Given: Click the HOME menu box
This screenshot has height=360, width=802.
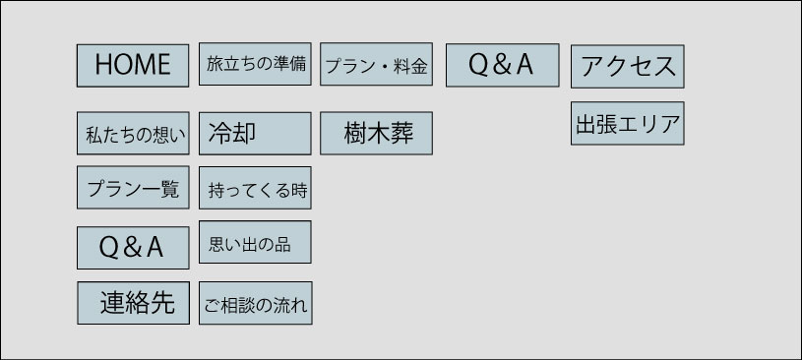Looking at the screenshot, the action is tap(133, 66).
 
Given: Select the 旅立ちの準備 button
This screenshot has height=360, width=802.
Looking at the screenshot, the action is tap(255, 64).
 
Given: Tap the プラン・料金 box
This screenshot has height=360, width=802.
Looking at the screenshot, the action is tap(377, 64).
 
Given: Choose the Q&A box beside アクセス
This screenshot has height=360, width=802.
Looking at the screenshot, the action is tap(502, 65).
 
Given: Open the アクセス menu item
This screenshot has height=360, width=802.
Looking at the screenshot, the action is tap(628, 67).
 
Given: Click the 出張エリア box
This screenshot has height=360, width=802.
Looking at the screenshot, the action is tap(628, 123).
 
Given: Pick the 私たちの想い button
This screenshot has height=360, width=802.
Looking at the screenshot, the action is tap(133, 133).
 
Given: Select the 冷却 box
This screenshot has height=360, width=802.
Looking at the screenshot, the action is tap(255, 134).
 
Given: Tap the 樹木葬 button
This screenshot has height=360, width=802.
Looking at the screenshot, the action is tap(377, 133).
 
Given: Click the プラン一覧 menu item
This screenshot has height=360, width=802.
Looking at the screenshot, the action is tap(133, 187).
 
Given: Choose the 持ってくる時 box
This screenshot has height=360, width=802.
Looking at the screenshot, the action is tap(255, 188).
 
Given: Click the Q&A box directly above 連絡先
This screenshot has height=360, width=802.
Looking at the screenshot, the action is tap(133, 248).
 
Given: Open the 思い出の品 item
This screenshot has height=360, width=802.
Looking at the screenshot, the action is tap(255, 242).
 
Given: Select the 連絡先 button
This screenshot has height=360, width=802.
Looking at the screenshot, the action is tap(134, 303).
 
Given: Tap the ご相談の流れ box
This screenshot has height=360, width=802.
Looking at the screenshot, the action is tap(256, 303).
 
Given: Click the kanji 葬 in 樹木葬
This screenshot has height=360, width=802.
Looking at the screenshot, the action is tap(402, 134).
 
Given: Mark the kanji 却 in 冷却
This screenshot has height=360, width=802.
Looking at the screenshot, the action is tap(244, 133).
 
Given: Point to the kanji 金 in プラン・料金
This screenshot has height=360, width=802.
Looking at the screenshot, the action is tap(418, 67).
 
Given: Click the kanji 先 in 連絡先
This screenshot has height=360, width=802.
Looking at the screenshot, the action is tap(163, 303).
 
